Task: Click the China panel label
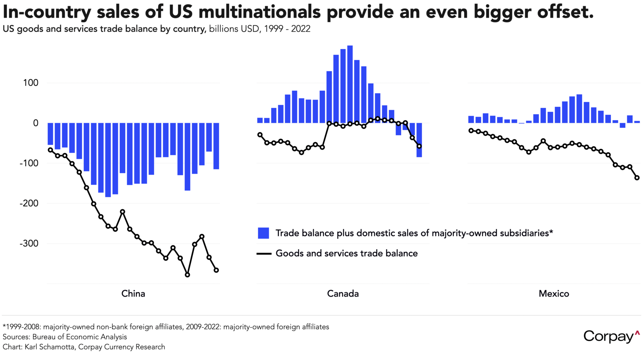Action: pyautogui.click(x=133, y=293)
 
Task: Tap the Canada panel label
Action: pyautogui.click(x=343, y=293)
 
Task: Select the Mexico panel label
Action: pyautogui.click(x=554, y=293)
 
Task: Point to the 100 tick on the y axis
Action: pyautogui.click(x=31, y=83)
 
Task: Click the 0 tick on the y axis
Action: pyautogui.click(x=36, y=123)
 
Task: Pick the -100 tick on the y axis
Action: pyautogui.click(x=29, y=163)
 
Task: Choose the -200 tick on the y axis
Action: pyautogui.click(x=29, y=203)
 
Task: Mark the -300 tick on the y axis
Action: pyautogui.click(x=29, y=244)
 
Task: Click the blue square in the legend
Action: pyautogui.click(x=263, y=233)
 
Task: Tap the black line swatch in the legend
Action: pyautogui.click(x=264, y=254)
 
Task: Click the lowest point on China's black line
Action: pyautogui.click(x=187, y=275)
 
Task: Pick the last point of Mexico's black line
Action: pyautogui.click(x=637, y=178)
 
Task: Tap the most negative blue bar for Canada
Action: pyautogui.click(x=419, y=140)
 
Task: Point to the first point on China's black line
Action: pyautogui.click(x=50, y=150)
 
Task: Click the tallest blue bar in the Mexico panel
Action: pyautogui.click(x=579, y=109)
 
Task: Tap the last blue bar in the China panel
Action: pyautogui.click(x=216, y=146)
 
